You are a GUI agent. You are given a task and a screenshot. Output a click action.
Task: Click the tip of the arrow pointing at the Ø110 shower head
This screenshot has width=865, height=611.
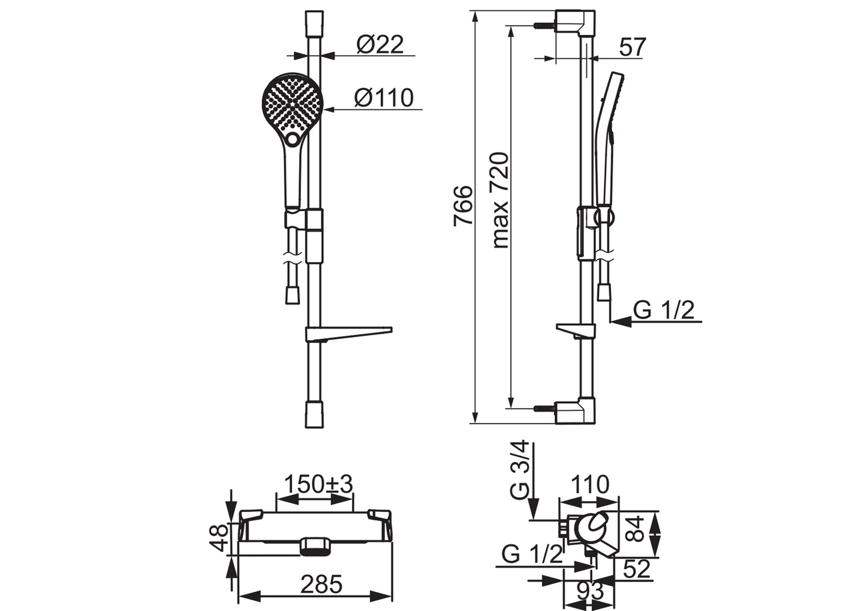(x=323, y=110)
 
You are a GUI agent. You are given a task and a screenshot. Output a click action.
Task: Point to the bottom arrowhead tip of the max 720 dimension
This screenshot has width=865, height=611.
(x=511, y=407)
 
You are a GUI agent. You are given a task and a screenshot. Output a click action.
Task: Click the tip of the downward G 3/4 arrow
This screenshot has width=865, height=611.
(x=533, y=520)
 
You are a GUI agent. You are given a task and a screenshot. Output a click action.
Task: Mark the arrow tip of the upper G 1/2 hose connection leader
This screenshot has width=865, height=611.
(x=610, y=321)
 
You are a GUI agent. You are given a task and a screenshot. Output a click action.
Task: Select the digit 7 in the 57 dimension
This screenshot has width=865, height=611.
(x=638, y=47)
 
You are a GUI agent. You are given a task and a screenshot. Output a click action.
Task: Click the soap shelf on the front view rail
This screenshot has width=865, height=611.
(x=348, y=333)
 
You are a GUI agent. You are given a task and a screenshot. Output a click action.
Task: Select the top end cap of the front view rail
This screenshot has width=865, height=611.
(x=314, y=24)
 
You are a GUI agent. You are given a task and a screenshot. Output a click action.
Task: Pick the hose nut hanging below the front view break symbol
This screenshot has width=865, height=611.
(x=293, y=295)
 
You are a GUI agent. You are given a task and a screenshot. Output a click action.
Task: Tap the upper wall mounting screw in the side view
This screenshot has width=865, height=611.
(x=544, y=26)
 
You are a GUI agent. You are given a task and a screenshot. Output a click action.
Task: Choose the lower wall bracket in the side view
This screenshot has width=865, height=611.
(x=575, y=412)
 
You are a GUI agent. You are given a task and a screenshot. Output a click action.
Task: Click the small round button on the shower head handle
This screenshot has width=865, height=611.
(x=293, y=139)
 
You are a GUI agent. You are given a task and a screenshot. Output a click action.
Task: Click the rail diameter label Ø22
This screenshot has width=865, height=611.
(x=380, y=44)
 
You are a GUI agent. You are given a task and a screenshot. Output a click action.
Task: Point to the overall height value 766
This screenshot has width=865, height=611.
(x=463, y=205)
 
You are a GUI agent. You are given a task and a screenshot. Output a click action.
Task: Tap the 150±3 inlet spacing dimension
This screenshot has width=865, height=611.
(x=318, y=485)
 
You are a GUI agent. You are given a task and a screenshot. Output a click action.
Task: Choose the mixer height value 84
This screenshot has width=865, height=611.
(x=636, y=530)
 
